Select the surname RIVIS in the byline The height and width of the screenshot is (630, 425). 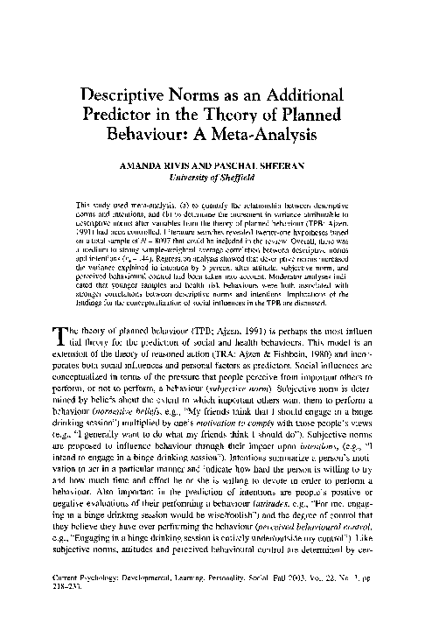(192, 163)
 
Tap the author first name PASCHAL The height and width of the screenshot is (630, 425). (249, 163)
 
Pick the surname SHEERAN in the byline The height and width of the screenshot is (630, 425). (300, 163)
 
